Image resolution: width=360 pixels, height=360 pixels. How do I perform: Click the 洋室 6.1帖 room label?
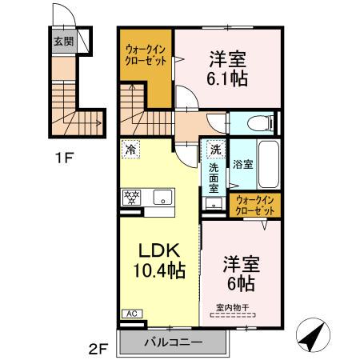pos(227,67)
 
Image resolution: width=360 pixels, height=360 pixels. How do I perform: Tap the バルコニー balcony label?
pos(172,343)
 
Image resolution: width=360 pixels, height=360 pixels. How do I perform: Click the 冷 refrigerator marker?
pos(130,149)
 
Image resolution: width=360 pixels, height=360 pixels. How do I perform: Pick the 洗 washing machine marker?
pos(214,149)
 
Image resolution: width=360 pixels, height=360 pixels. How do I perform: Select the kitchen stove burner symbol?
pos(130,197)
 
